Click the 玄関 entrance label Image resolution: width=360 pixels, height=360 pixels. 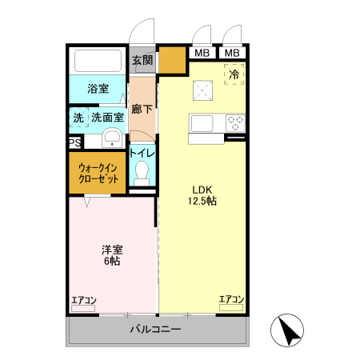142,60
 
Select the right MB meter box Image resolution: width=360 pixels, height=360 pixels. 232,54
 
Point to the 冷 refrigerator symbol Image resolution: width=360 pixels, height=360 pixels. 234,74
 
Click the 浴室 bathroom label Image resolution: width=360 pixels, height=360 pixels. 98,88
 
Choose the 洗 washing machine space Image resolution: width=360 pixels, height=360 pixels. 78,118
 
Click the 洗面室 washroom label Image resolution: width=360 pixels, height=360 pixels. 107,118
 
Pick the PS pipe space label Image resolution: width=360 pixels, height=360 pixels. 74,143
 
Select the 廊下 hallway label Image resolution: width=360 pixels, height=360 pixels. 142,109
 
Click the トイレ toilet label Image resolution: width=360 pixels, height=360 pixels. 142,153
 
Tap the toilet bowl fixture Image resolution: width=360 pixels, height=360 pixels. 142,172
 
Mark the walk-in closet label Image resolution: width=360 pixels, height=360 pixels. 98,174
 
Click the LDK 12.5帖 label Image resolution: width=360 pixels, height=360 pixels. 202,195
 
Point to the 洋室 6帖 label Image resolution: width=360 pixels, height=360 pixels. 111,255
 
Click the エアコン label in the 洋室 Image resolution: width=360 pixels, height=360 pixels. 83,301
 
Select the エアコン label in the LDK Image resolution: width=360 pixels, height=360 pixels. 231,300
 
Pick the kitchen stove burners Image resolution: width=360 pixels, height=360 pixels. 235,122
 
